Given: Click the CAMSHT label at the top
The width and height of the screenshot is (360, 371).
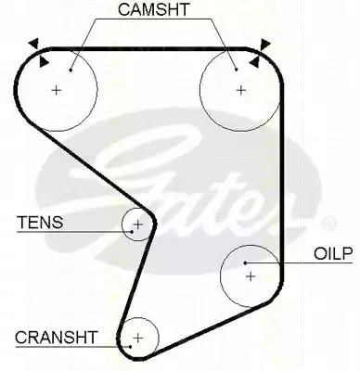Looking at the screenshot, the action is point(153,9).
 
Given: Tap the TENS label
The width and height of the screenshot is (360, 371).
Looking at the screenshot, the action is point(40,222).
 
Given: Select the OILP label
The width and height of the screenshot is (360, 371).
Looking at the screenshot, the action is point(333,254).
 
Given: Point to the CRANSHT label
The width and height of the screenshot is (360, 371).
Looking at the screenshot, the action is point(57,338).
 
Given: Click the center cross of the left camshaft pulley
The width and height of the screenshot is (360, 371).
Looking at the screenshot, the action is point(57,90).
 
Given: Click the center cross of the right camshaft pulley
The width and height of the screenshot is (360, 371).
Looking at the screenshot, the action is point(240,90).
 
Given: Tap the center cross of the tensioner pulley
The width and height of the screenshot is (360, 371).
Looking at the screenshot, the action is point(138,224).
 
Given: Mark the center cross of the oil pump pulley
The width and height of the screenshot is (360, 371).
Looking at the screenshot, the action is point(251,276).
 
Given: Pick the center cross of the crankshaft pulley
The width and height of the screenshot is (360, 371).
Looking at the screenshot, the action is point(138,338).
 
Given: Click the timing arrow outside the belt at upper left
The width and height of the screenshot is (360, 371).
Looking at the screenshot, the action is point(34,43).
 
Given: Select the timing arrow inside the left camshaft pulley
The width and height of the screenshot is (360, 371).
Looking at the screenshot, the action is point(44,61).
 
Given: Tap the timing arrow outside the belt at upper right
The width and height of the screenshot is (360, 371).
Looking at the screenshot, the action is point(265,45).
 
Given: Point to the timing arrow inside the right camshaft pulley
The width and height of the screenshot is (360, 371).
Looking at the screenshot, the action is point(254,62).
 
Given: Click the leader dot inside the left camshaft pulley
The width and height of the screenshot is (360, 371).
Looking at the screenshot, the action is point(71,70).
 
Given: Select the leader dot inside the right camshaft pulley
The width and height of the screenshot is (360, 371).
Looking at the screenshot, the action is point(236,70).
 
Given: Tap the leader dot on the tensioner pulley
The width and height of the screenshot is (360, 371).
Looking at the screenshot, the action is point(132,232).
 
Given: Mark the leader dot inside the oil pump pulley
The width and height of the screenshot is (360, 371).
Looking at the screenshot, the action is point(245,262).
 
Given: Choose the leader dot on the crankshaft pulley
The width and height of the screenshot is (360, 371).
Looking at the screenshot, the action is point(131,347).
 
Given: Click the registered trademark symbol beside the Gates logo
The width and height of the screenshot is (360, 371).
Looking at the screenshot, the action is point(327,224).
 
